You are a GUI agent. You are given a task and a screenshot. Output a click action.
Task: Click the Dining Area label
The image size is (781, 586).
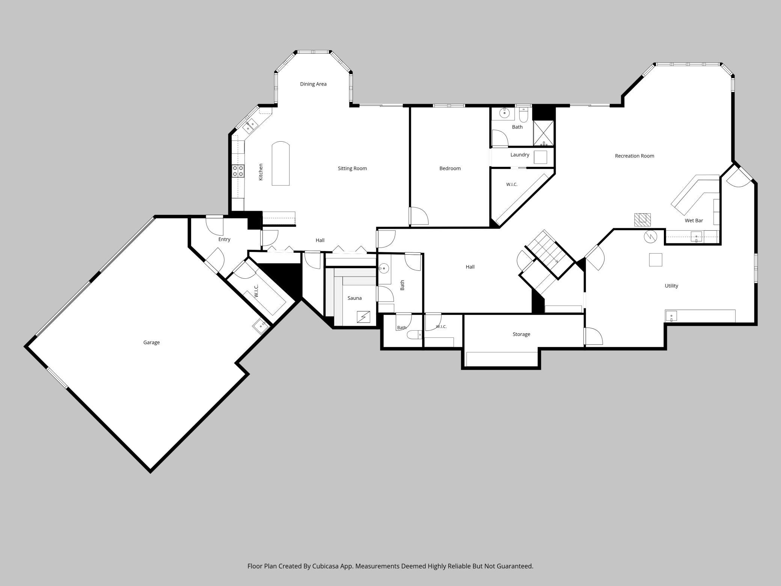tap(313, 84)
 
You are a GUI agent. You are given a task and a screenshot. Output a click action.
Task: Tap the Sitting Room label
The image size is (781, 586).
tap(352, 168)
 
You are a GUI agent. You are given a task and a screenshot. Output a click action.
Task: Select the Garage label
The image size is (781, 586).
tap(151, 343)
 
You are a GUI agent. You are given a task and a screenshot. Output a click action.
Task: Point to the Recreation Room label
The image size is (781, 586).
tap(635, 156)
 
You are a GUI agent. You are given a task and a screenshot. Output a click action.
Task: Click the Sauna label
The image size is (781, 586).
tap(354, 298)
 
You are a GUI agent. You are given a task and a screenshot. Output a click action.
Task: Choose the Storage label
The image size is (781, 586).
tap(522, 334)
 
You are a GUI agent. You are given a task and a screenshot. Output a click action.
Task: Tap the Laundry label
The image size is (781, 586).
tap(520, 155)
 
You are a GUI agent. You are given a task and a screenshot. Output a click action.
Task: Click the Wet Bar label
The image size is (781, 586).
tap(694, 221)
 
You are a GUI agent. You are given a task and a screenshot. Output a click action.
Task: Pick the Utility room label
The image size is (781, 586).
tap(671, 286)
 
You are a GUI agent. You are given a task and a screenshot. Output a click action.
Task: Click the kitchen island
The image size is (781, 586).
tap(280, 163)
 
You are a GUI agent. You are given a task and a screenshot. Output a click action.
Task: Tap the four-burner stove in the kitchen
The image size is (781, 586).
tap(238, 171)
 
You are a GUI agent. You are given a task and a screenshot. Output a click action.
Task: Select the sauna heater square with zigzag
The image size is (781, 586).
tap(363, 317)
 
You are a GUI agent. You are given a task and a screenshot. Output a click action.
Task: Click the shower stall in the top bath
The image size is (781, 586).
tap(543, 133)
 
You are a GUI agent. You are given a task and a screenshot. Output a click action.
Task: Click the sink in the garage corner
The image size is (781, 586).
tap(261, 326)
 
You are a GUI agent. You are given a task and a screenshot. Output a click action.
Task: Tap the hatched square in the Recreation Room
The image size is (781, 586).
tap(642, 220)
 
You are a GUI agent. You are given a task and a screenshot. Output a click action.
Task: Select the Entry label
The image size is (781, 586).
tap(224, 239)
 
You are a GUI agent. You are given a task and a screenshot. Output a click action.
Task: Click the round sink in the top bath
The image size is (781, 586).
tap(505, 113)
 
